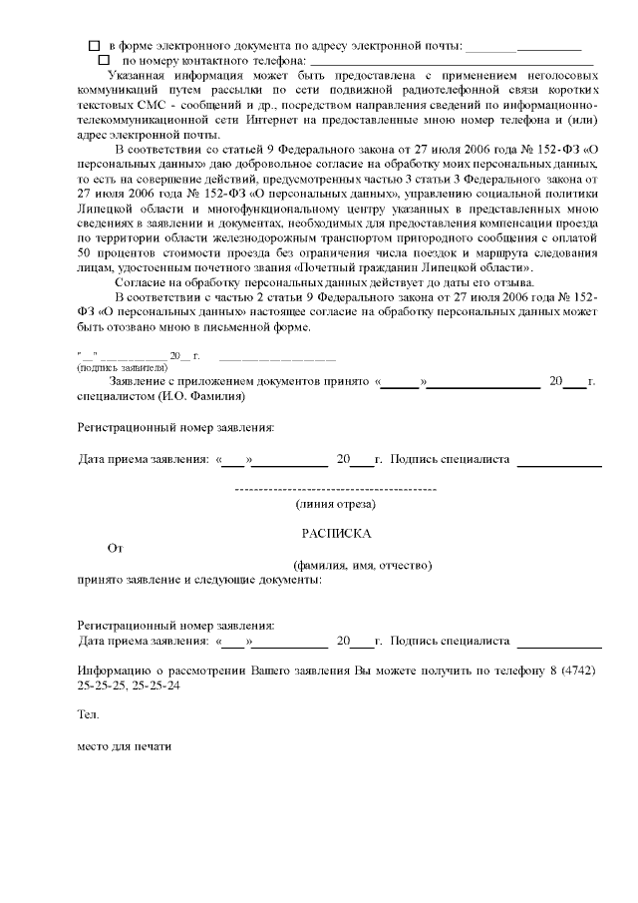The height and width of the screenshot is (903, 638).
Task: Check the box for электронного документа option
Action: coord(95,46)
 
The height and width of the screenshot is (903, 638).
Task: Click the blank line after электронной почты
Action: coord(522,47)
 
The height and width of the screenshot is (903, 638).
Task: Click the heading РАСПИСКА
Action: coord(336,534)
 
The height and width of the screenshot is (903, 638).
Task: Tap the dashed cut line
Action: coord(336,490)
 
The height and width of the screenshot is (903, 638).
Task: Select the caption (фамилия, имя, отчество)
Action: coord(355,564)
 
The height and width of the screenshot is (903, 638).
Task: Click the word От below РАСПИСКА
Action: coord(115,548)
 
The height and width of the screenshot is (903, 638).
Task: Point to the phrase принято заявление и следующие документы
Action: coord(199,579)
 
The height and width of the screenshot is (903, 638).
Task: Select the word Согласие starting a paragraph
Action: coord(144,282)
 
